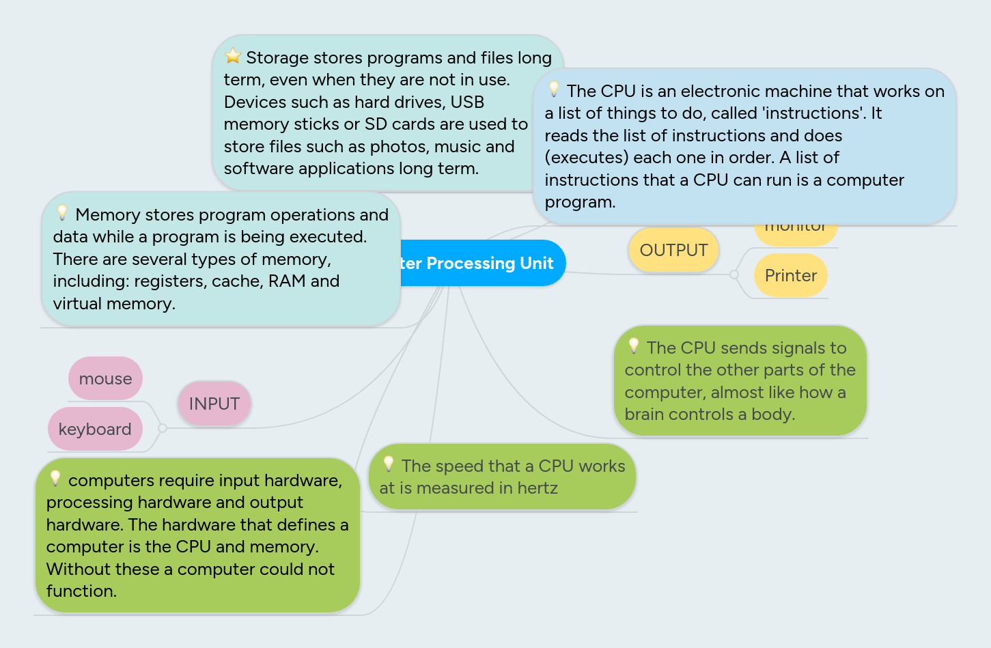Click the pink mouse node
105,378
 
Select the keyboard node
95,429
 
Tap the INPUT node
214,404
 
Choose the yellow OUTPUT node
673,250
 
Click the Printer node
790,275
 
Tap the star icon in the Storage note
233,55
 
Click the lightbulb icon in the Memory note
62,212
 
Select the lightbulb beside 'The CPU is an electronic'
554,89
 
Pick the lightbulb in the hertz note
389,464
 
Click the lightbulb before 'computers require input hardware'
55,478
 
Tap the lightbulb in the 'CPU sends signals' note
634,346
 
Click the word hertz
538,488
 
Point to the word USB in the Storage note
467,102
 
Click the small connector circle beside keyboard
163,428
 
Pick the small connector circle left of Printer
734,274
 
